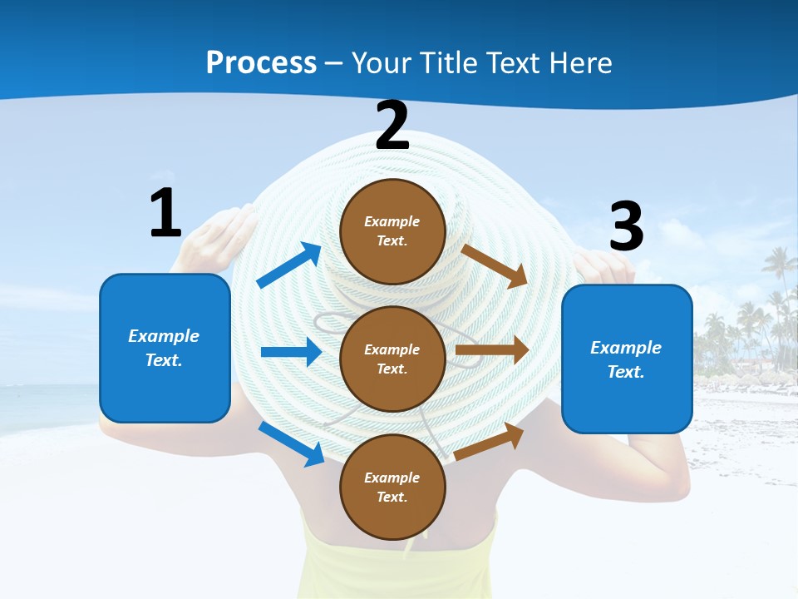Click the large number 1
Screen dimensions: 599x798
click(165, 213)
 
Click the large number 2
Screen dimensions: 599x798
click(392, 126)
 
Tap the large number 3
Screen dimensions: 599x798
click(627, 226)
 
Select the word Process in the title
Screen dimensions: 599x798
click(261, 62)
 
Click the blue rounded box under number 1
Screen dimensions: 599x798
click(165, 348)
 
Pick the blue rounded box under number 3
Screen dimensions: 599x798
click(627, 359)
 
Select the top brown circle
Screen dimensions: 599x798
click(392, 230)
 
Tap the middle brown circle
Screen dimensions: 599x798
click(392, 359)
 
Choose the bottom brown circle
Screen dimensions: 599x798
click(392, 487)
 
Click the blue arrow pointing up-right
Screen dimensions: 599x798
click(289, 265)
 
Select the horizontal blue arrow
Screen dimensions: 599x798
click(291, 352)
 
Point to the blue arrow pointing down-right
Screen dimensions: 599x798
click(292, 443)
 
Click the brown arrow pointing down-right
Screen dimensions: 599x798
click(495, 265)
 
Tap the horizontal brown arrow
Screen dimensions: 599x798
click(492, 350)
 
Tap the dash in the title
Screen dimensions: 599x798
click(334, 63)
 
